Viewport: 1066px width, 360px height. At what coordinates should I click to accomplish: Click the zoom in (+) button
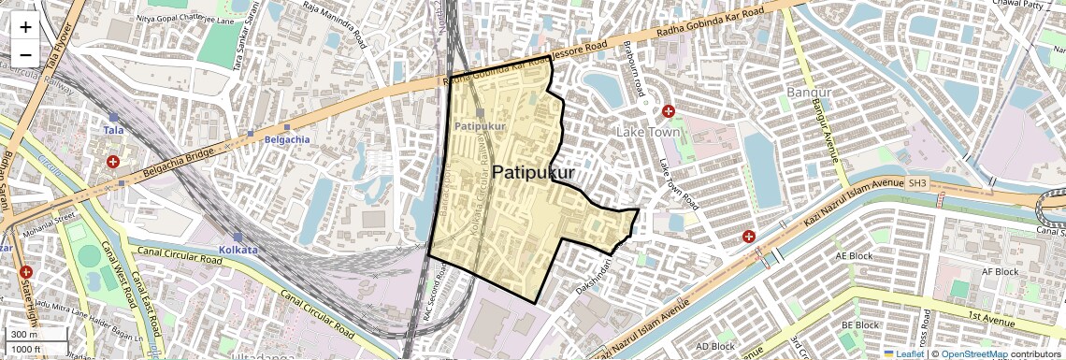coord(25,26)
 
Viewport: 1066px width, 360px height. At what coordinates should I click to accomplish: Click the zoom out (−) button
coord(25,54)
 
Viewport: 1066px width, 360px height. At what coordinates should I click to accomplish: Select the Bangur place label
coord(809,93)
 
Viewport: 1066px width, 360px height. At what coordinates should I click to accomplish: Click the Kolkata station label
coord(238,250)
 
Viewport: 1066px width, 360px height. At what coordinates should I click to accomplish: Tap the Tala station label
coord(114,131)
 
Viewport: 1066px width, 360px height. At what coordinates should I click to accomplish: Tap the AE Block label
coord(853,253)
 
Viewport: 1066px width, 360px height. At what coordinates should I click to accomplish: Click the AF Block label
coord(999,271)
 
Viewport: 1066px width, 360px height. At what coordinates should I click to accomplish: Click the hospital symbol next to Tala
coord(113,162)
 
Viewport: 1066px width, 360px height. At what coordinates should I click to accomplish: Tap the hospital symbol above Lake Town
coord(669,111)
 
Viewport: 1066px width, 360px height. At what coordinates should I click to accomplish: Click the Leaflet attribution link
coord(904,354)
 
